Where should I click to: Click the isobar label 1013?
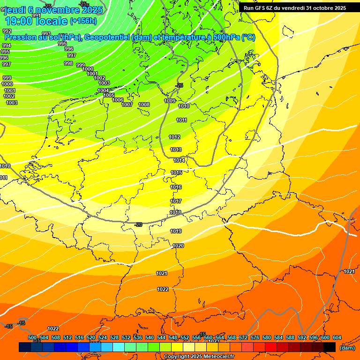[x=176, y=150]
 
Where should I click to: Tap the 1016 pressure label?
[x=176, y=187]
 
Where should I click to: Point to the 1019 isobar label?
[x=176, y=231]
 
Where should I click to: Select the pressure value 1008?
[x=144, y=105]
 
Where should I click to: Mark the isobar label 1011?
[x=182, y=120]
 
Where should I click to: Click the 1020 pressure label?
[x=178, y=246]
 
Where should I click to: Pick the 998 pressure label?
[x=68, y=63]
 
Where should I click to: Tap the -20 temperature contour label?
[x=138, y=225]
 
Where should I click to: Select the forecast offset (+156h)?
[x=83, y=21]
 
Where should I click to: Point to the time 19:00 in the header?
[x=20, y=21]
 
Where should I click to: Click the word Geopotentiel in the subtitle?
[x=107, y=37]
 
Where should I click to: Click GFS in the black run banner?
[x=262, y=7]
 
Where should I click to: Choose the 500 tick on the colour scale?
[x=32, y=337]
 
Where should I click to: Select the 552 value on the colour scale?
[x=185, y=337]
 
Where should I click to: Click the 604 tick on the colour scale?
[x=337, y=337]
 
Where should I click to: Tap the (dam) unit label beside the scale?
[x=347, y=347]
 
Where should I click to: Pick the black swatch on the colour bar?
[x=330, y=347]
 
